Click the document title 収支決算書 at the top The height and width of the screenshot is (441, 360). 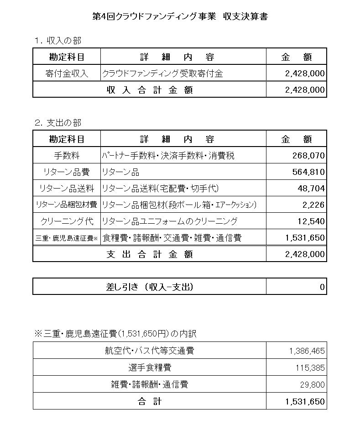(x=180, y=17)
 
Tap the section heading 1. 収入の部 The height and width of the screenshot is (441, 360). (x=57, y=41)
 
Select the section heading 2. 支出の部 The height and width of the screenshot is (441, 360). (x=57, y=123)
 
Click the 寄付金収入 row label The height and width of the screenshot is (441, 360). (x=67, y=73)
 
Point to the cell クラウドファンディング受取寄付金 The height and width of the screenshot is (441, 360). (x=163, y=73)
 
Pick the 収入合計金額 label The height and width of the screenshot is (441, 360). (x=150, y=90)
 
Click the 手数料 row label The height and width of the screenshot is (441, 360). (x=67, y=156)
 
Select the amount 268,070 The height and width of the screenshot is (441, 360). (x=308, y=156)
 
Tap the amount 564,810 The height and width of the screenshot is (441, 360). (x=308, y=172)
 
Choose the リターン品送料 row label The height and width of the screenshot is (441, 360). (x=67, y=189)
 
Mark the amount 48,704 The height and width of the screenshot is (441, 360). (x=311, y=189)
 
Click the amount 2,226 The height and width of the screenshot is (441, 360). (x=313, y=205)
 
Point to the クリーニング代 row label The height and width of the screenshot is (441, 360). (x=67, y=221)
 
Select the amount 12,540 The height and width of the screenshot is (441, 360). (x=311, y=221)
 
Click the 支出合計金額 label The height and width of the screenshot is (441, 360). (x=150, y=254)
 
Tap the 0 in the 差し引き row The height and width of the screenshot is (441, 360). (x=322, y=287)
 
